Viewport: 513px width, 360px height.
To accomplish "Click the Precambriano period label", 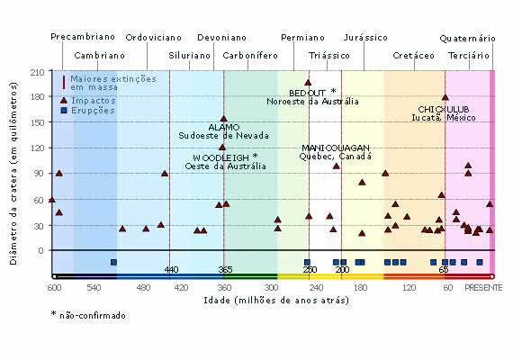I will (82, 38).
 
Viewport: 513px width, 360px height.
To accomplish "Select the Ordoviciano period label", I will (154, 38).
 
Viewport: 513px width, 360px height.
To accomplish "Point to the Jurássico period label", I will (366, 38).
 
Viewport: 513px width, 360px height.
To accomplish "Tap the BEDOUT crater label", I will (310, 92).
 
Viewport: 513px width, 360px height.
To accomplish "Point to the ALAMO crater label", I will (224, 127).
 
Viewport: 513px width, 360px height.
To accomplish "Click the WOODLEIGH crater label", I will (220, 157).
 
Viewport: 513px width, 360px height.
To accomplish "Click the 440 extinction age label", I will (172, 270).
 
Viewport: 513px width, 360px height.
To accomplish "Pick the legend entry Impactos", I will (93, 101).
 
